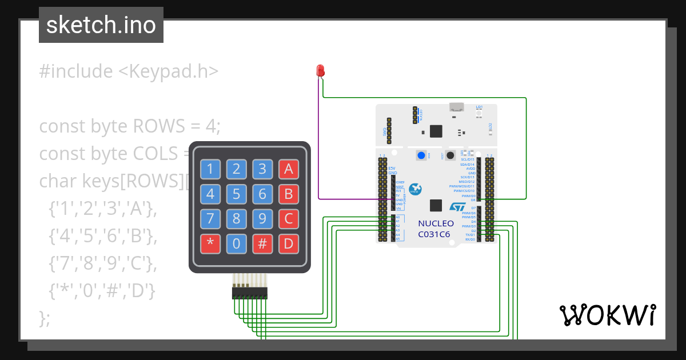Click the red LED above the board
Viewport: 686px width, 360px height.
pos(320,71)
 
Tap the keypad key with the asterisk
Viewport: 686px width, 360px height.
pos(210,244)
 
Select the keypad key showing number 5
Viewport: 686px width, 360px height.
pos(236,194)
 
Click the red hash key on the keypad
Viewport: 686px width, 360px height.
pos(262,244)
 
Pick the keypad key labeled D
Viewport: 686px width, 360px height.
pos(288,244)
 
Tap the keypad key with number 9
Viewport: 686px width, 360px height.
pos(262,219)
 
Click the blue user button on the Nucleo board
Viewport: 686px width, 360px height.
pos(422,155)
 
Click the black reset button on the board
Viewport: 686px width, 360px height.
pos(450,155)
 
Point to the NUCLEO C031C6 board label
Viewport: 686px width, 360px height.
pos(436,229)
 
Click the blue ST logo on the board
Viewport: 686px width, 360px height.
pos(458,207)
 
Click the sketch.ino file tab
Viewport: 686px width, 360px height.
pos(101,25)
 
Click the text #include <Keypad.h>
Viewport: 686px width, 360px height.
pos(129,71)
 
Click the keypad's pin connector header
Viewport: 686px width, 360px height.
pos(249,293)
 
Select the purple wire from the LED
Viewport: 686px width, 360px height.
pos(318,143)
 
